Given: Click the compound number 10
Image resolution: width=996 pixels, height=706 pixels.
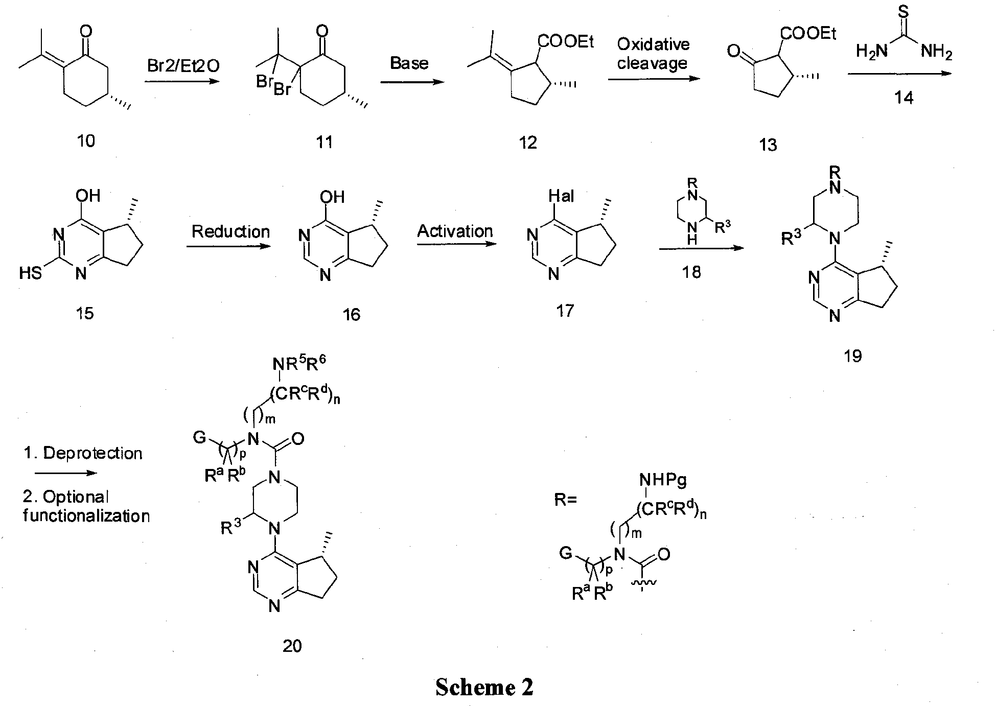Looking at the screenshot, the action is [85, 140].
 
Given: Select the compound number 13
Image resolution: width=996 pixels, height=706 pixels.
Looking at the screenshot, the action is [768, 145].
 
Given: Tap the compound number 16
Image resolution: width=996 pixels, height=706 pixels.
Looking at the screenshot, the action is [351, 314].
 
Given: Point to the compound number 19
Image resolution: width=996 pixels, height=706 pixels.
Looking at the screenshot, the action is [852, 356].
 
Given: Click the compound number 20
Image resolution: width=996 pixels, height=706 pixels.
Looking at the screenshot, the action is [292, 646].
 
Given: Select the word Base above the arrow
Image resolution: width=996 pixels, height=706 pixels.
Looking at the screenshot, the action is [409, 63].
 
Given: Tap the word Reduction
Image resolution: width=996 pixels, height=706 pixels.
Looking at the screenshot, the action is [230, 231].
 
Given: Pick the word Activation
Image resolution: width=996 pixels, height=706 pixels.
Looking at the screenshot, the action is [455, 231].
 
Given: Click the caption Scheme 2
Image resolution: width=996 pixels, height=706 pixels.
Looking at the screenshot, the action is [484, 687].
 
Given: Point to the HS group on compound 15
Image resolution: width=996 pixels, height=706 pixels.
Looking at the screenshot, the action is [30, 273].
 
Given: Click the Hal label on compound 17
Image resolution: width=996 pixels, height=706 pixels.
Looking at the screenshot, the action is [561, 196].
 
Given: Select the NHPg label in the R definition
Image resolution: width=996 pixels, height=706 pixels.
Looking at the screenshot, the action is [663, 480].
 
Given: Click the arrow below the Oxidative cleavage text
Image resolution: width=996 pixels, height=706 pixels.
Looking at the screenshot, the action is [654, 79].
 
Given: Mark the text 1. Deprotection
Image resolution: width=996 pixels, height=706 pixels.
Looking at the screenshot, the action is [83, 453].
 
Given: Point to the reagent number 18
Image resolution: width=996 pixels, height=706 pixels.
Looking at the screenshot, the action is [691, 272].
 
